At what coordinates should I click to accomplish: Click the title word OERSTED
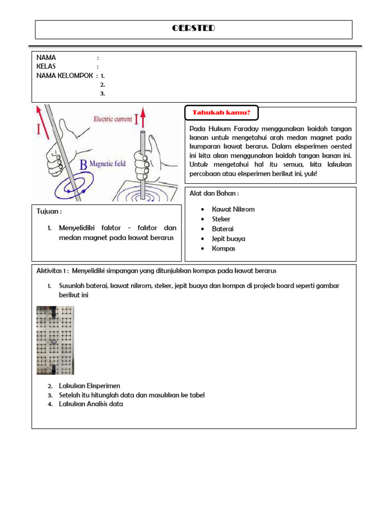coord(193,28)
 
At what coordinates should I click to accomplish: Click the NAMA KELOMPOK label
coord(64,75)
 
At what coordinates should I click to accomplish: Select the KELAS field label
coord(46,66)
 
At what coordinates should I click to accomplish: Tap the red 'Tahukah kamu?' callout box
coord(221,113)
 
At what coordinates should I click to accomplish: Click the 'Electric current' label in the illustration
coord(112,119)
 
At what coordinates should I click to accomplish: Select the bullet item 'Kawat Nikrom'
coord(233,209)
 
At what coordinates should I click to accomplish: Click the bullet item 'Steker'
coord(221,219)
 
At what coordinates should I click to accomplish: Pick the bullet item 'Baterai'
coord(222,229)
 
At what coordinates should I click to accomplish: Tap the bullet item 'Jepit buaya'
coord(228,239)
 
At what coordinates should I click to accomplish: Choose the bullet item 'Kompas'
coord(223,249)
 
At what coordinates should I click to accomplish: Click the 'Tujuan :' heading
coord(49,211)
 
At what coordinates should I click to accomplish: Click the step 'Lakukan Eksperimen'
coord(89,386)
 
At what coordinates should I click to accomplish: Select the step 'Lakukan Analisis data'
coord(91,404)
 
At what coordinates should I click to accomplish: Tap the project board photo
coord(55,340)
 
